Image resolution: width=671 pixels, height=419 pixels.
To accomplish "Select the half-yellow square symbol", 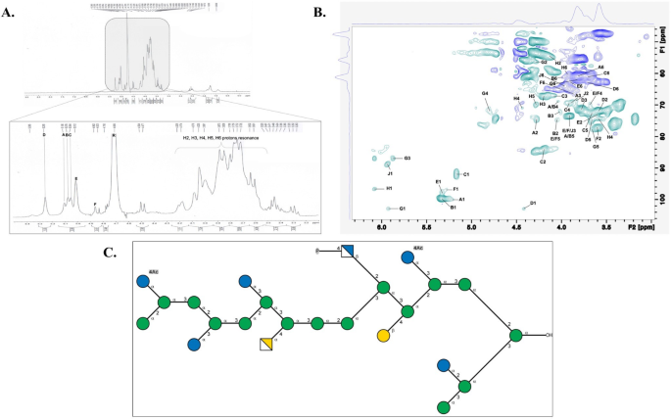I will (265, 344).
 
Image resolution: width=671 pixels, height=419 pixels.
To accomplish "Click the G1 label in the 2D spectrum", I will (402, 209).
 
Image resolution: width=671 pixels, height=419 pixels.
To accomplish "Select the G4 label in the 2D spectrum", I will (485, 94).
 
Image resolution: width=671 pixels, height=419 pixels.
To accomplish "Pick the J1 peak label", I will (389, 173).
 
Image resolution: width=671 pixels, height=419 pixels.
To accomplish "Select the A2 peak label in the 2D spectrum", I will (535, 131).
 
